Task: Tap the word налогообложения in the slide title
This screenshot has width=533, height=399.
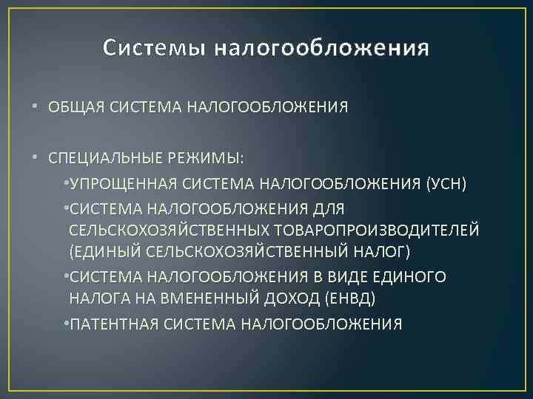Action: coord(322,49)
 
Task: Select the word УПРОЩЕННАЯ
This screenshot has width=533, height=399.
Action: coord(116,183)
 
